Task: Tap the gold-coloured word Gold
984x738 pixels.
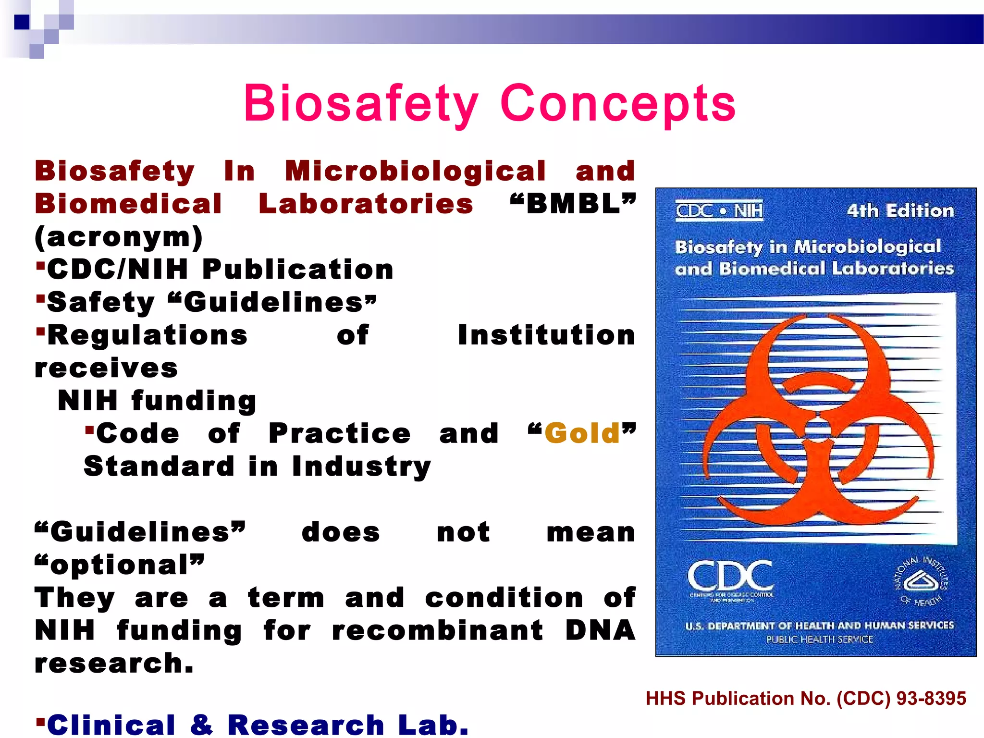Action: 582,433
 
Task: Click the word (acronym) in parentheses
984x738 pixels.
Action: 119,237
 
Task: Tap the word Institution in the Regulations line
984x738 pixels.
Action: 546,335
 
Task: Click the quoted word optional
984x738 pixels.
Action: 120,565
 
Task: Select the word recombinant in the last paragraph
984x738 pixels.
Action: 437,630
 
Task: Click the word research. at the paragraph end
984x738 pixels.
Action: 114,664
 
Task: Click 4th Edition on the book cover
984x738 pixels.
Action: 900,211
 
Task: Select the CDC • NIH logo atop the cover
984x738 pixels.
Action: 719,210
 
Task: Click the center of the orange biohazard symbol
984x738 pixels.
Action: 817,428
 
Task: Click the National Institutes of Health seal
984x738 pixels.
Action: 920,582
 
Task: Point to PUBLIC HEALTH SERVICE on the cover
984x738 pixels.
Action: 819,640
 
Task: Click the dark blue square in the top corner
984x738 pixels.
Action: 22,22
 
